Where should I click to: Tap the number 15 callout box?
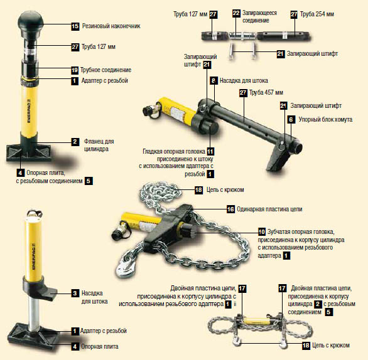[75, 26]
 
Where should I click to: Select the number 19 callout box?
[75, 70]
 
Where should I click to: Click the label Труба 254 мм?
[317, 14]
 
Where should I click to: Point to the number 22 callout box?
[236, 13]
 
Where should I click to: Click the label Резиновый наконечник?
[111, 26]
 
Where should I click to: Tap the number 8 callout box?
[214, 81]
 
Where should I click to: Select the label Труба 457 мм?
[266, 93]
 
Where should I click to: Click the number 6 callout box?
[291, 120]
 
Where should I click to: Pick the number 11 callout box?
[210, 152]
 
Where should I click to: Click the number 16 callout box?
[230, 209]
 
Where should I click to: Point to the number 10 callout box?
[262, 232]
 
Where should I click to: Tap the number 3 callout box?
[75, 294]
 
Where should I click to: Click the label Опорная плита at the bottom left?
[99, 346]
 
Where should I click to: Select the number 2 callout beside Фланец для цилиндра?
[75, 142]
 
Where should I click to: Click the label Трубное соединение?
[106, 70]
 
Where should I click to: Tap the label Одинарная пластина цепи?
[269, 209]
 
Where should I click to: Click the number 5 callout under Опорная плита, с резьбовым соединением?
[89, 181]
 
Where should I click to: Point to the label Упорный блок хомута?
[325, 120]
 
